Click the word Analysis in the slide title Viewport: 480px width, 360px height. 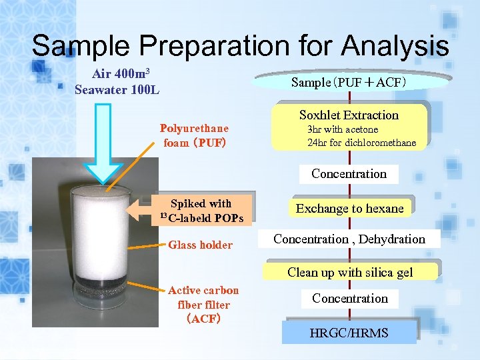(x=395, y=46)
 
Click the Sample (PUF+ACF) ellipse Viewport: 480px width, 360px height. (x=349, y=83)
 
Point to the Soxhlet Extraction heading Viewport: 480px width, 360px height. (x=349, y=115)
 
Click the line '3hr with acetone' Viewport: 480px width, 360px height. (x=343, y=129)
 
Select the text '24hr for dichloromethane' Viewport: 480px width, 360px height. (x=361, y=143)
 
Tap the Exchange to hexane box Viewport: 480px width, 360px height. (x=349, y=209)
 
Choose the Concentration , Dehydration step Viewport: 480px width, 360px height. (x=349, y=239)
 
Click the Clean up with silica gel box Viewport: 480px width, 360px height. (x=350, y=272)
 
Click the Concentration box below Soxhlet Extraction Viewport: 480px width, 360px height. (x=349, y=174)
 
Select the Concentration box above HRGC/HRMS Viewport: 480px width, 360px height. (x=350, y=299)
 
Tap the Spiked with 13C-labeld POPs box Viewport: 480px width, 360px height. (x=201, y=211)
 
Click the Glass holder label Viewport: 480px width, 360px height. (x=200, y=245)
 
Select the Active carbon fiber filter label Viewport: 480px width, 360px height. (x=203, y=305)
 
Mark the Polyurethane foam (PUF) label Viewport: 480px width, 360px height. (x=194, y=135)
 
